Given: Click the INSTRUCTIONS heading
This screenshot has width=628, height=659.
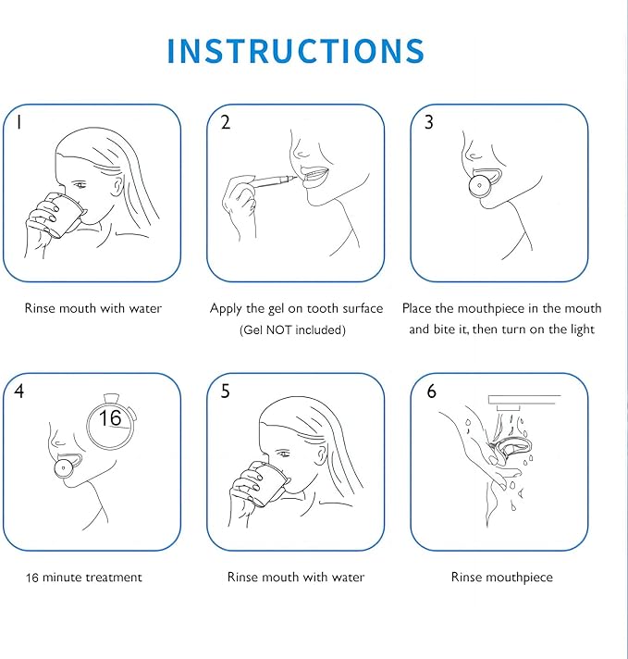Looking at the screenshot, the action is click(296, 51).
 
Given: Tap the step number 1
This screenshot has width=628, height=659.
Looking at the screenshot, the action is click(18, 122).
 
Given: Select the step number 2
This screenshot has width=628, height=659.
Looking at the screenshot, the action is click(226, 122).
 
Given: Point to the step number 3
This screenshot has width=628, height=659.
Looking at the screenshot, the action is click(428, 122).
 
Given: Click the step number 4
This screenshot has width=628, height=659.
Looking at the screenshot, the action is click(18, 392).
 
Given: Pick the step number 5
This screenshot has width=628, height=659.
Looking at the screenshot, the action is click(225, 392).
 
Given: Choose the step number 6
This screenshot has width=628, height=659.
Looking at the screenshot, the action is click(431, 392).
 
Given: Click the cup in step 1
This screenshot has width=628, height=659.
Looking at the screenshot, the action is click(63, 215).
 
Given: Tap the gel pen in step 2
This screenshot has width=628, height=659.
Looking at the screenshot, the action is click(272, 181).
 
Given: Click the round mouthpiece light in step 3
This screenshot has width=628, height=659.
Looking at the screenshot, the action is click(479, 186).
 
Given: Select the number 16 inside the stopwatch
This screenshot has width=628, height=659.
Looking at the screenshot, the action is click(110, 417).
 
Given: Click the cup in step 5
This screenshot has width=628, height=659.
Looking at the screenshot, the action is click(266, 483).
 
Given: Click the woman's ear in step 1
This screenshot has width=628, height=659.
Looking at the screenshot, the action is click(119, 185).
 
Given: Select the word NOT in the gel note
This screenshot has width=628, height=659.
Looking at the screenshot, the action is click(279, 329).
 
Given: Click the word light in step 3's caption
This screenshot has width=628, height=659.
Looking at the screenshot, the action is click(582, 329).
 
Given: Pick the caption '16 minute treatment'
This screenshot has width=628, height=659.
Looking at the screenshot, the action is click(84, 577).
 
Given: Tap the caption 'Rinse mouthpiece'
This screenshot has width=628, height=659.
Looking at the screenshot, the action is click(502, 578).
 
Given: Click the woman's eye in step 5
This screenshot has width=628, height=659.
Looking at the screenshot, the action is click(284, 454).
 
